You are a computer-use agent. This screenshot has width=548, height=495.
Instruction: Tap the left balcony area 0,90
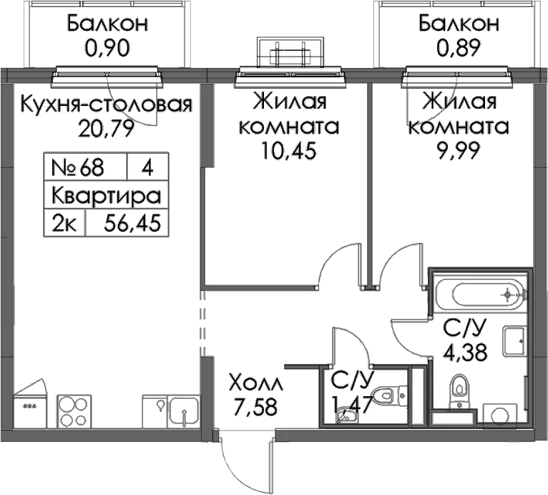107,48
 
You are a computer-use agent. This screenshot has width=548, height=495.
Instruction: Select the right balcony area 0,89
459,48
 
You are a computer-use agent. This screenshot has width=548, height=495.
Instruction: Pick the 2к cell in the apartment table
64,223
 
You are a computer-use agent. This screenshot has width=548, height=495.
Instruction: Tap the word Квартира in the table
107,196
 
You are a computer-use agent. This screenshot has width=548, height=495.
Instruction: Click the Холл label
255,383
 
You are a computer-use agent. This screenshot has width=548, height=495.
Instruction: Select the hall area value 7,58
255,407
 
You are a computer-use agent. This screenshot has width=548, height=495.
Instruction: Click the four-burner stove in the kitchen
74,411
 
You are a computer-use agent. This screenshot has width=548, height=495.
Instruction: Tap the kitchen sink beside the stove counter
183,411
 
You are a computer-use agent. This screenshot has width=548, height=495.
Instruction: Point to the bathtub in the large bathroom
479,294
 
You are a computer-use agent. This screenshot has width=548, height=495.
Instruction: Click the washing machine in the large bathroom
499,413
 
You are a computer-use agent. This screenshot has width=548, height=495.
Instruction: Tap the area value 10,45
289,150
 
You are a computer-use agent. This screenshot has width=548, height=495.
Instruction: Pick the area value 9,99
459,150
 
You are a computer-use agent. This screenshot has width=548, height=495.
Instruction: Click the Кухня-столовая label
107,104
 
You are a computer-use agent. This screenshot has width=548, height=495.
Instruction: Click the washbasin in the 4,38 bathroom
514,341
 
